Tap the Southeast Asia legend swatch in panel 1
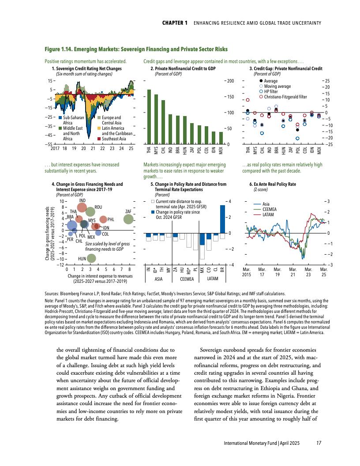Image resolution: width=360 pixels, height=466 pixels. point(98,139)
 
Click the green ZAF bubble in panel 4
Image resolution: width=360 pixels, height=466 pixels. point(128,219)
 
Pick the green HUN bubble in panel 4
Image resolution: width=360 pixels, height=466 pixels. point(91,258)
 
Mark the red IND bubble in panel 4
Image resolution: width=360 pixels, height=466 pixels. point(82,207)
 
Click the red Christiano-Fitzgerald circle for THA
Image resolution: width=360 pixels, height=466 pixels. point(247,100)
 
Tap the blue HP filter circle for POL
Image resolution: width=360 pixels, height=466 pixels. point(297,138)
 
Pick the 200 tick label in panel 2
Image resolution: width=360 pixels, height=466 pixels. point(229,81)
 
